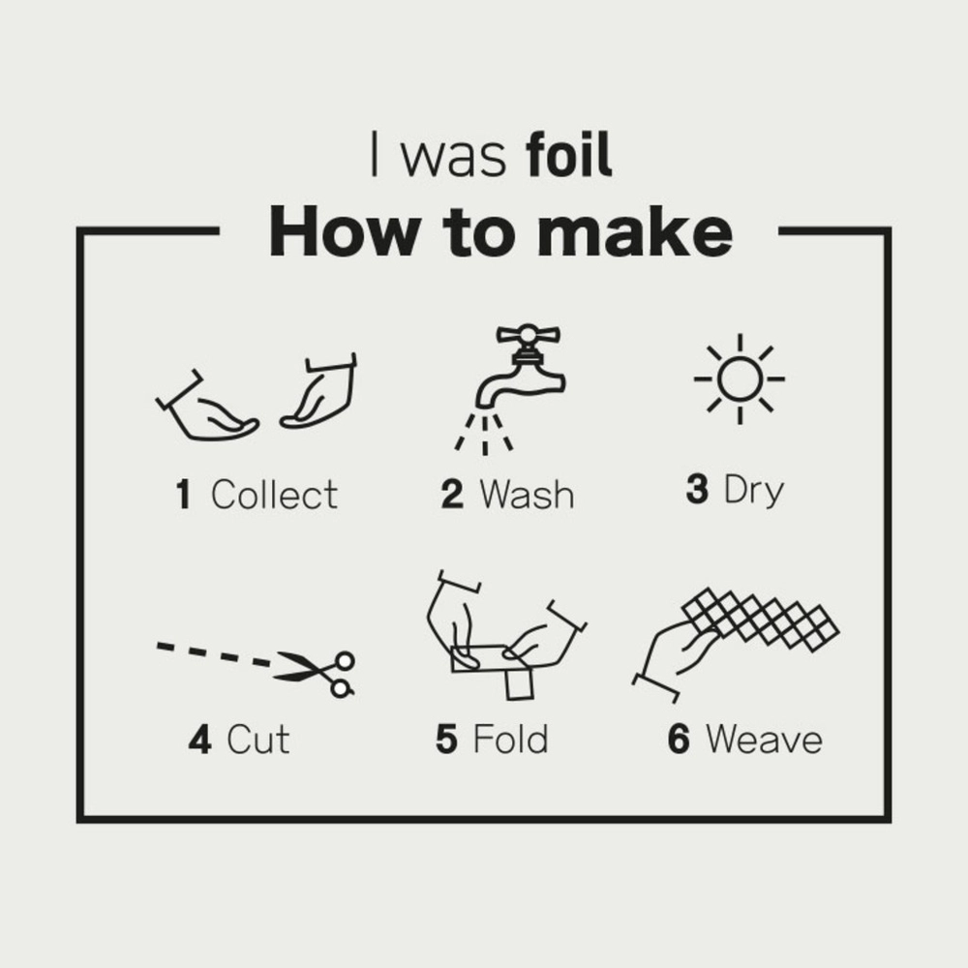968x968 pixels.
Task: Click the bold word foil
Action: click(568, 154)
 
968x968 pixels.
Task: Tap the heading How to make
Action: click(500, 231)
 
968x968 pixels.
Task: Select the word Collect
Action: click(275, 495)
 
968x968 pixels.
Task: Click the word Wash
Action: click(528, 495)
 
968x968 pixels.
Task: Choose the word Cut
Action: click(258, 739)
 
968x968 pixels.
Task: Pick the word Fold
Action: click(510, 739)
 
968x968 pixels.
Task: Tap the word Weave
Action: click(765, 739)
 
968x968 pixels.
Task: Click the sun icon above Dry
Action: click(740, 378)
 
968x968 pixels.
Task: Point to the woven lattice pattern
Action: click(761, 620)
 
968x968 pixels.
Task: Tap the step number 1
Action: click(183, 495)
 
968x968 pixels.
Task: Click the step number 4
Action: click(200, 739)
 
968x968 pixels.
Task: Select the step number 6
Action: click(679, 739)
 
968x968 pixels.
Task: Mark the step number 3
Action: click(697, 489)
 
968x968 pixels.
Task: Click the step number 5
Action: click(446, 739)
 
